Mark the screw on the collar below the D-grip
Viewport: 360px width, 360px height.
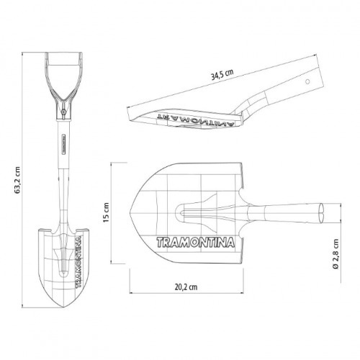pos(63,112)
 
